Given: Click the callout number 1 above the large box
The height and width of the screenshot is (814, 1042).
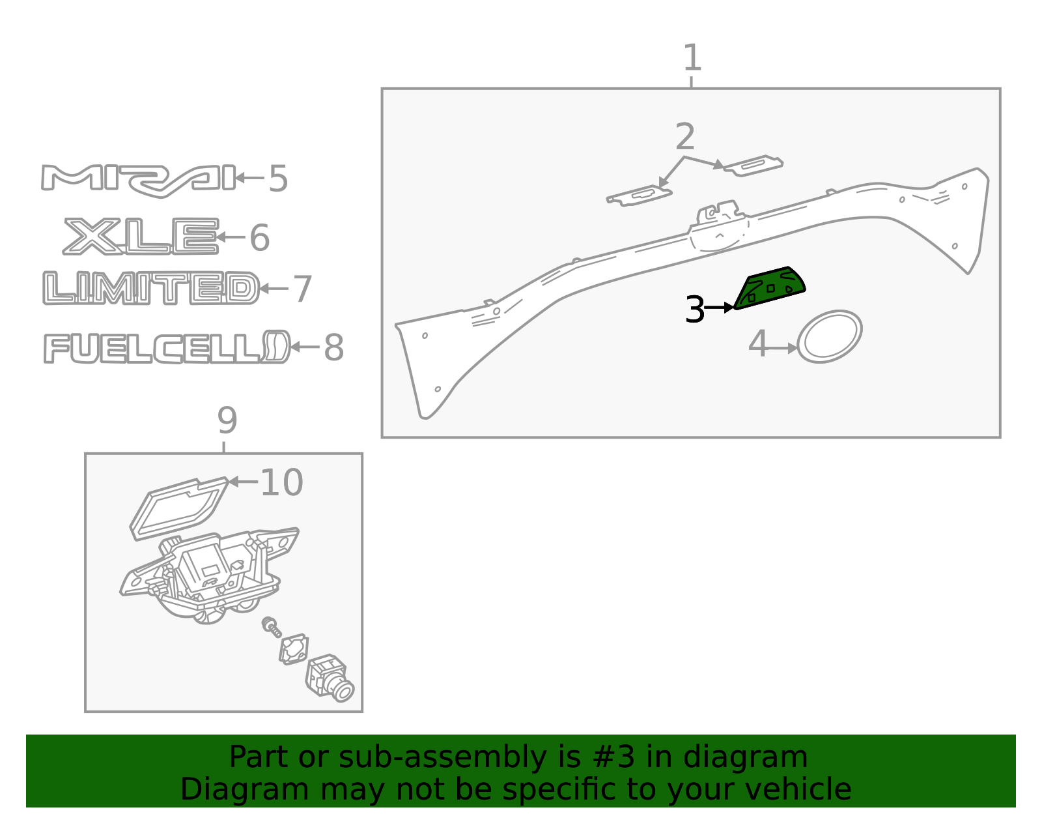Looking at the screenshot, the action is pyautogui.click(x=692, y=58).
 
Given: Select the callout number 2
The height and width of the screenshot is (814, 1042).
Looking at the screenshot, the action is pyautogui.click(x=685, y=136).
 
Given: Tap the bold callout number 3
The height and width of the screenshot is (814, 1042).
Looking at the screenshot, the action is pyautogui.click(x=695, y=310).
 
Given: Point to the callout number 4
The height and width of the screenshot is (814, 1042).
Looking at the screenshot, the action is pyautogui.click(x=757, y=343).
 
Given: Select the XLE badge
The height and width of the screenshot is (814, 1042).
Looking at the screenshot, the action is pyautogui.click(x=141, y=236).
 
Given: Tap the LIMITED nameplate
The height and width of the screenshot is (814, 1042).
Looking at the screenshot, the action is pyautogui.click(x=151, y=288).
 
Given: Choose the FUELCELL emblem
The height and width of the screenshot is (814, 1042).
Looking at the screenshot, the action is pyautogui.click(x=167, y=347).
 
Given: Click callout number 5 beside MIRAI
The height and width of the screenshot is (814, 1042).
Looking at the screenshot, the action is pyautogui.click(x=278, y=179).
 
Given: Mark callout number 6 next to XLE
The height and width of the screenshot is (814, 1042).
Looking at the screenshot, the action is pyautogui.click(x=259, y=237).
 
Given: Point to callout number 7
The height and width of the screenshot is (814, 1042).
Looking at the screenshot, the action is pyautogui.click(x=303, y=289).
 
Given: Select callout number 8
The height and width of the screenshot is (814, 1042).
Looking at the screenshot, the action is pyautogui.click(x=333, y=347).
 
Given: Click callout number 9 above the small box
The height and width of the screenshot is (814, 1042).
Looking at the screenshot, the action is pyautogui.click(x=227, y=420).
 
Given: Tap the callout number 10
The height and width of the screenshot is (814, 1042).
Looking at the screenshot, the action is pyautogui.click(x=281, y=482).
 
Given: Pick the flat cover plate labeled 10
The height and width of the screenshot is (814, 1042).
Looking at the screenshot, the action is pyautogui.click(x=178, y=508).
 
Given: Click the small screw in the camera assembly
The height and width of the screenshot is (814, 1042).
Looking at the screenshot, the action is pyautogui.click(x=272, y=627).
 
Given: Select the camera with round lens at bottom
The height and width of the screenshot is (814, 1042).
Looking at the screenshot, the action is pyautogui.click(x=330, y=677).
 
